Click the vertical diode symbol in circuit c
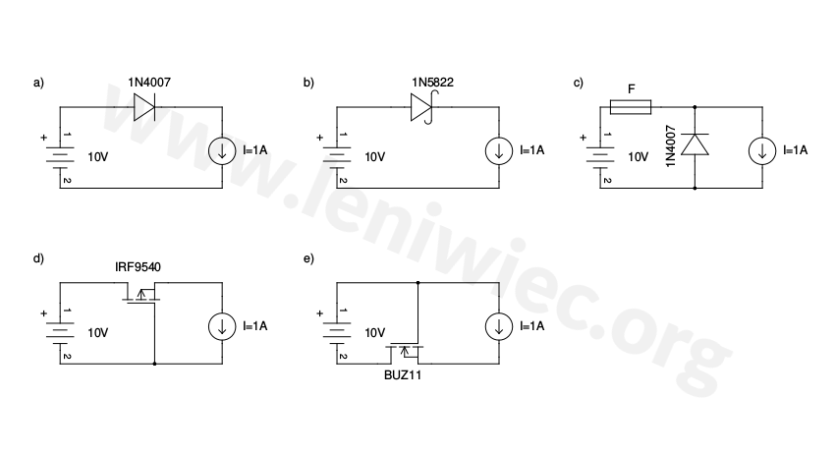coord(696,144)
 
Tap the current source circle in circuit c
coord(763,151)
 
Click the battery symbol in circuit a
coord(60,156)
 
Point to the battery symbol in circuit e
coord(337,333)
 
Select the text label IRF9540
coord(138,265)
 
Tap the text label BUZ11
coord(404,374)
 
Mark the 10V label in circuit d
coord(97,333)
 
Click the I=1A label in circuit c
coord(796,150)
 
